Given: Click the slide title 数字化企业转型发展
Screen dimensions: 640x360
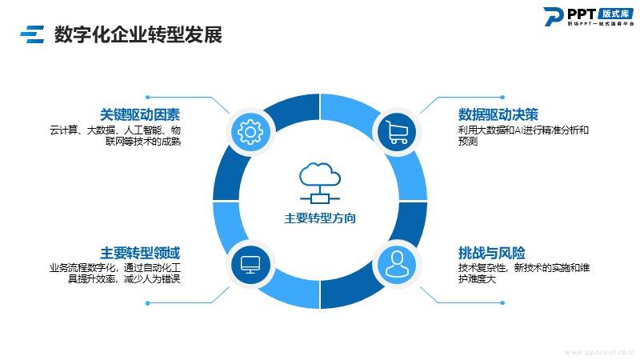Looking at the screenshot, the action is click(x=138, y=34).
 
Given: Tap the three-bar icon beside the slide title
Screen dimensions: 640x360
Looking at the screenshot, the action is click(x=32, y=34).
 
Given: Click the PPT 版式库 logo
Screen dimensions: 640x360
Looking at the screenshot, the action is click(x=589, y=17).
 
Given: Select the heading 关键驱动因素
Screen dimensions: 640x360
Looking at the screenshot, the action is click(x=140, y=114).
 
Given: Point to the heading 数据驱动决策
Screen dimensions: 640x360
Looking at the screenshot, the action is click(x=498, y=114).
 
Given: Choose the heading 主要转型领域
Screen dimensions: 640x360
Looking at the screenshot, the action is click(x=140, y=253).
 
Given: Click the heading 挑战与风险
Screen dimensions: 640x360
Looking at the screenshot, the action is click(x=491, y=253).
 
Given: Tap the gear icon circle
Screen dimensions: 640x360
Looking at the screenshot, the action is click(x=250, y=132).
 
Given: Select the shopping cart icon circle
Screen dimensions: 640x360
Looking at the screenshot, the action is click(x=397, y=132).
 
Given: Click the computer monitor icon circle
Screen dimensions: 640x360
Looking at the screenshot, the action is click(x=250, y=265).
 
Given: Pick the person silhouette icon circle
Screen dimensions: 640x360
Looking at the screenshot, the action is click(x=397, y=265).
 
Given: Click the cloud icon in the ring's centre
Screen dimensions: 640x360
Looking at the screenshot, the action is click(x=319, y=183).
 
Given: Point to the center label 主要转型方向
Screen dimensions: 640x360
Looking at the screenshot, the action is click(x=319, y=218).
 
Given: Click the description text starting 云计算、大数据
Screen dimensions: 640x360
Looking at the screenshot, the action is click(x=115, y=136).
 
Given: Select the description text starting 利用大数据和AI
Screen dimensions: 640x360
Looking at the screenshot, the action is click(x=523, y=136).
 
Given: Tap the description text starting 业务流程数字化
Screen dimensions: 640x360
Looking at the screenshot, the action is click(x=115, y=274).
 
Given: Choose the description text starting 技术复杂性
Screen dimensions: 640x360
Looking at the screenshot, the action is click(x=524, y=274).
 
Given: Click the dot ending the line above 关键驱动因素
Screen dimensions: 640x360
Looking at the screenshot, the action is click(x=148, y=97).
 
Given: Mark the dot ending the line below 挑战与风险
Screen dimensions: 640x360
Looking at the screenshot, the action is click(x=502, y=303).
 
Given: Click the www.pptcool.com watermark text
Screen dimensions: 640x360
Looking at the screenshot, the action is click(x=599, y=352).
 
